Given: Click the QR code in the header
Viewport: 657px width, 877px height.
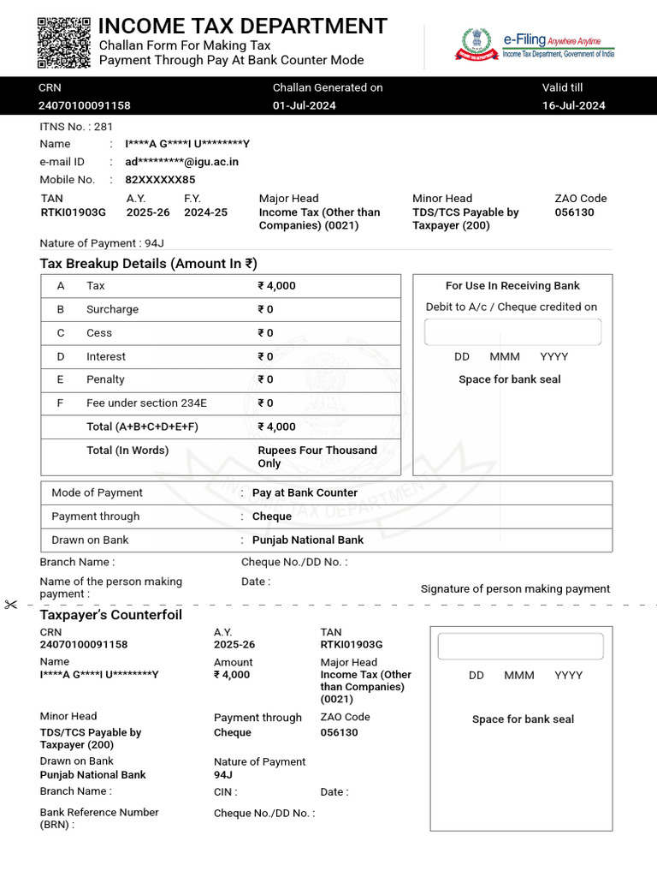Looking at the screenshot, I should point(64,42).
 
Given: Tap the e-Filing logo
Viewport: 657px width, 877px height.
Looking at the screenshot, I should point(535,43).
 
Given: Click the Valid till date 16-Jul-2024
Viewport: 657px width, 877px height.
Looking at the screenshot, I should point(573,105).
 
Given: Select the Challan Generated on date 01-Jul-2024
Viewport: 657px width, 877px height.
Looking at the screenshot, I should point(304,105).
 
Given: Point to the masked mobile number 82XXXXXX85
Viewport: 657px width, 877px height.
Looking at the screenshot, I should point(160,180).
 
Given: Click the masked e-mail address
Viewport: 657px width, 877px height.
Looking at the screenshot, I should point(181,162).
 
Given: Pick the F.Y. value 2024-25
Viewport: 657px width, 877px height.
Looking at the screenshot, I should point(205,212).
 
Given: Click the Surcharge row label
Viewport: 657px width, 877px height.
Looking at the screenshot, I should point(112,309).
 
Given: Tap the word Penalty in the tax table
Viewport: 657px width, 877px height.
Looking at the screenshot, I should point(105,379).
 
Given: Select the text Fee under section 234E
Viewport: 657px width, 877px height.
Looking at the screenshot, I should point(146,403).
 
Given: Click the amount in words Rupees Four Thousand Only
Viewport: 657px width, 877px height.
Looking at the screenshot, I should point(317,456).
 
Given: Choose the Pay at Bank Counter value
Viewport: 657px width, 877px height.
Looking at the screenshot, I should point(305,492).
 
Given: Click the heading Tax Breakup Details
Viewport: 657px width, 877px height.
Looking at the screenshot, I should point(148,264).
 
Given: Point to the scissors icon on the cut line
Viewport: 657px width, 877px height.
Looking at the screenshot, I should point(10,605).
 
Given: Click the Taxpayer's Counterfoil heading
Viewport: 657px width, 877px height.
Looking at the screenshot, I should point(110,615).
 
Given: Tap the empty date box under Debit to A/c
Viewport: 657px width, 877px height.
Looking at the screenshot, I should point(512,331).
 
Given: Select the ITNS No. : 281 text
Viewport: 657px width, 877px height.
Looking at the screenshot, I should point(76,126).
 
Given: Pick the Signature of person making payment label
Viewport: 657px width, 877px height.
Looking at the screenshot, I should point(515,588).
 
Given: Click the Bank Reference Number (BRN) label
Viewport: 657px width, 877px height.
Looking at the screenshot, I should point(98,818).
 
